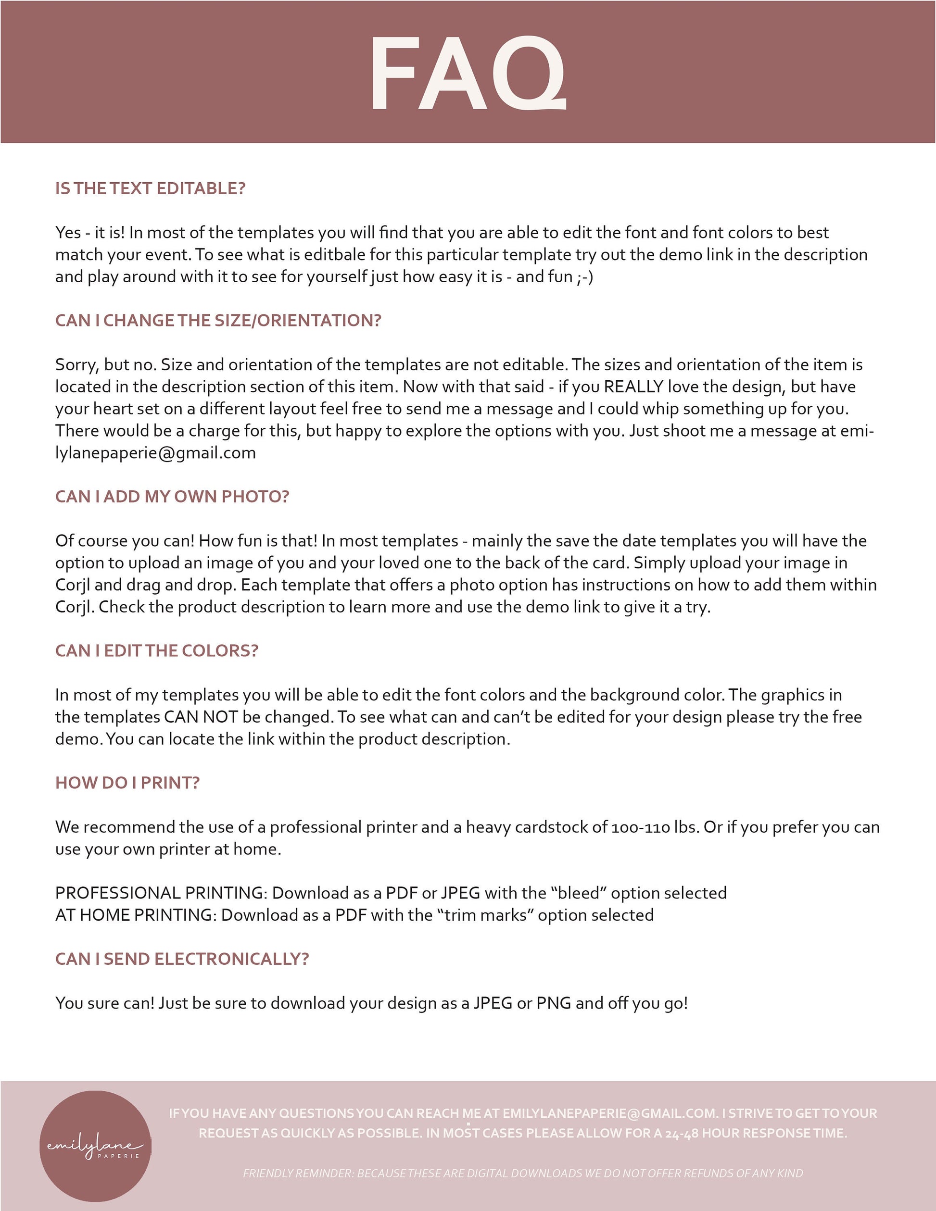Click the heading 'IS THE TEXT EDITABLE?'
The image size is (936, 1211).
tap(150, 188)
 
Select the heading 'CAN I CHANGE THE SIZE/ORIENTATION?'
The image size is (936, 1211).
tap(218, 321)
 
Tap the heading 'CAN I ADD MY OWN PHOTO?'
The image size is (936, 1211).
tap(172, 496)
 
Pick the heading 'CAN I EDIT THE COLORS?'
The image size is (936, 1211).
tap(157, 650)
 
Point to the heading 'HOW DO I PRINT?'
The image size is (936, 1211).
tap(127, 782)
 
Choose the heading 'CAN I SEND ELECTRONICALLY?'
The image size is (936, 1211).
tap(182, 959)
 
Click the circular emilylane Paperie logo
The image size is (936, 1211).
tap(95, 1146)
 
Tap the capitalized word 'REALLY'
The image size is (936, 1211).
tap(633, 387)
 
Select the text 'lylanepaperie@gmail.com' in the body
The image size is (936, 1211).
tap(155, 453)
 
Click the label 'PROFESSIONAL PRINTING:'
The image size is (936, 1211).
tap(162, 893)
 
